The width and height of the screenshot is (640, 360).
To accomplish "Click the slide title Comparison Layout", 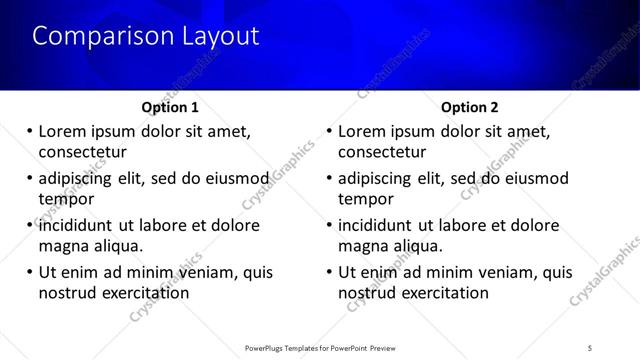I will click(x=145, y=36).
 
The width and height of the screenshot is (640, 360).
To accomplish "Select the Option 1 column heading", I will click(x=171, y=107).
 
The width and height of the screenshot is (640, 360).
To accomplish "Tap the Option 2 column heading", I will click(x=469, y=107).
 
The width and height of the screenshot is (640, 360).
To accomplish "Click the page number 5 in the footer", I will click(x=590, y=347).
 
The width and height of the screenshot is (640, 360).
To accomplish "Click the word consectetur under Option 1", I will click(x=82, y=152).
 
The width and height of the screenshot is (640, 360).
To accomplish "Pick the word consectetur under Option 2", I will click(x=382, y=152).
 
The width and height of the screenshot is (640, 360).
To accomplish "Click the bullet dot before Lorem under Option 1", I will click(x=29, y=132).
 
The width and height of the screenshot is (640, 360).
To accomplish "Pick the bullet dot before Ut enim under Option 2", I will click(x=329, y=272).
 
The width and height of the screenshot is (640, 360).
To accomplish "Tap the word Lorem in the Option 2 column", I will click(x=363, y=131).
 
